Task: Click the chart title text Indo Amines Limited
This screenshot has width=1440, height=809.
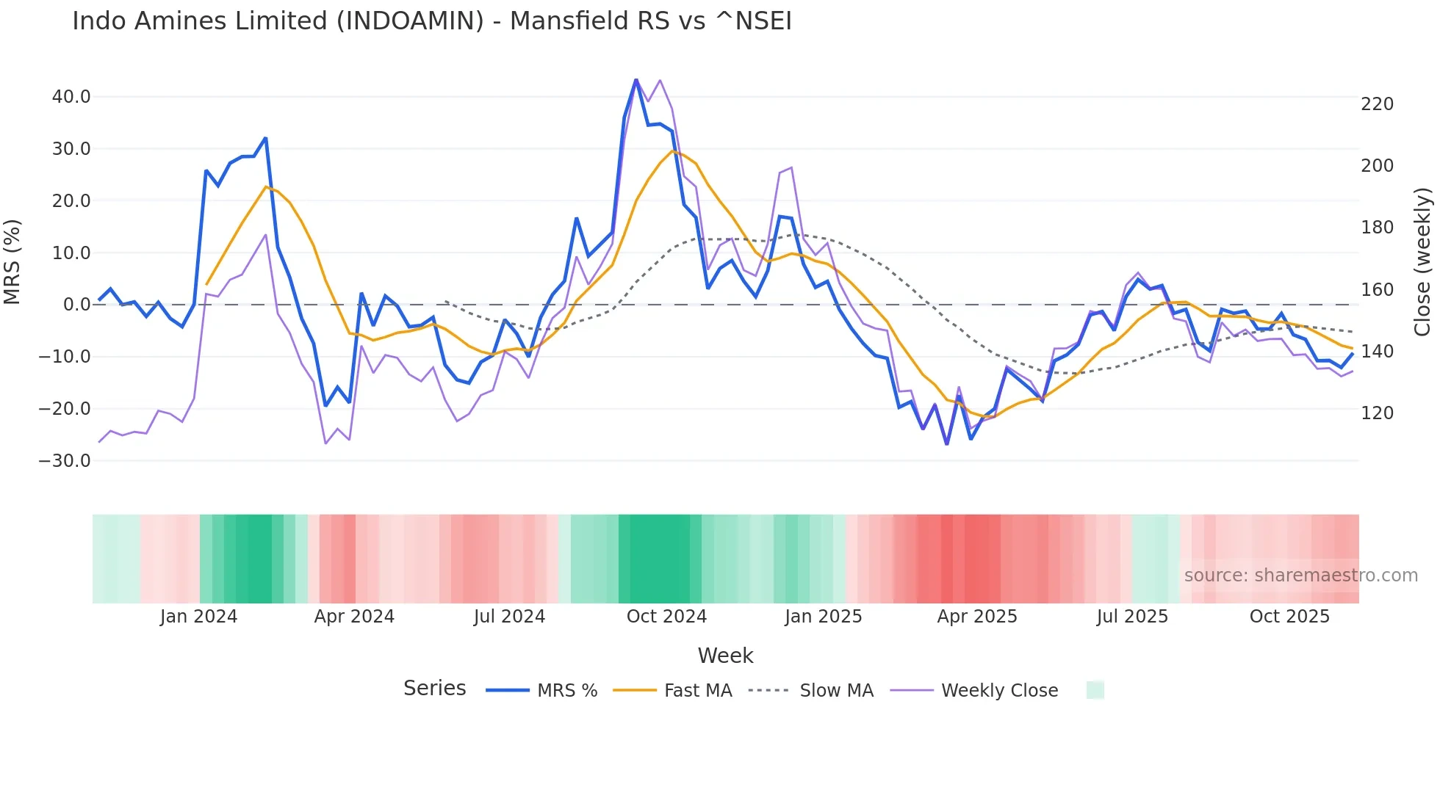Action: (x=432, y=21)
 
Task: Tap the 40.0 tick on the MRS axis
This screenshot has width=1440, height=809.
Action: (x=71, y=97)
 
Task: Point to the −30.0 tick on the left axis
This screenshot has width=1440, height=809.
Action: (x=65, y=461)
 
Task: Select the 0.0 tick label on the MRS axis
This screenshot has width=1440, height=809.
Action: (x=76, y=305)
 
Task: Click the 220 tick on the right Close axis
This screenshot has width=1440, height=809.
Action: (x=1377, y=104)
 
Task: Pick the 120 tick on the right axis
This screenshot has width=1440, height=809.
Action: (x=1377, y=413)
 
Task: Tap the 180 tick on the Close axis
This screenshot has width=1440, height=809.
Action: (x=1377, y=228)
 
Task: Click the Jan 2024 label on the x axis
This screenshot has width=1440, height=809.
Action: (x=198, y=617)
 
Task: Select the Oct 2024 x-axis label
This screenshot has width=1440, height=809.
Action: (x=666, y=617)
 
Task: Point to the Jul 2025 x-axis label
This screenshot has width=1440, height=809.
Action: (x=1132, y=617)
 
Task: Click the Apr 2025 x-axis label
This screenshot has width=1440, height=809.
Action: (x=977, y=617)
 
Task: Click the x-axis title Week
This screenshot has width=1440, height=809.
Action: (x=725, y=656)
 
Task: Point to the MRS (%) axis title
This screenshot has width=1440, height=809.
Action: (x=12, y=262)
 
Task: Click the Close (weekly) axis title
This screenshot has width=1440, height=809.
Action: (x=1422, y=262)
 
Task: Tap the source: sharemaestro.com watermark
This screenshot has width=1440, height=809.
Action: (x=1300, y=576)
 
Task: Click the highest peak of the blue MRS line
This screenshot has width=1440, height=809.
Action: (x=636, y=80)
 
